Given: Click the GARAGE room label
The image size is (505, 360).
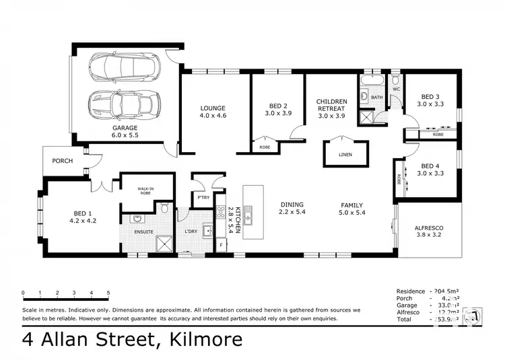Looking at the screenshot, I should (125, 128).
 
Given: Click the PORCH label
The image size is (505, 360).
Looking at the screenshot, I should (62, 161).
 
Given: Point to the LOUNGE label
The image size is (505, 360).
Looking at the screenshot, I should (213, 108).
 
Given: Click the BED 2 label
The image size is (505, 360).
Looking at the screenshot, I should (278, 106).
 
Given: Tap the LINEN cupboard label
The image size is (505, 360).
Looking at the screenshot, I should (345, 154).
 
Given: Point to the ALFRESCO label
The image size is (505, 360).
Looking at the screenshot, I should (428, 228).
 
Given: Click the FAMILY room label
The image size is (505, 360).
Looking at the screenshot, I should (351, 205).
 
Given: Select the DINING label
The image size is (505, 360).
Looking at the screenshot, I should (292, 205).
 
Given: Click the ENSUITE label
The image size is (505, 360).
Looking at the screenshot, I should (143, 232).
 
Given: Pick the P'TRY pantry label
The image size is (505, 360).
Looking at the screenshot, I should (202, 198).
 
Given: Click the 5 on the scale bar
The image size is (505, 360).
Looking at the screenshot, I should (109, 293).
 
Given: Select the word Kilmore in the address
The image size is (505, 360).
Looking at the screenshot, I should (200, 339).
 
